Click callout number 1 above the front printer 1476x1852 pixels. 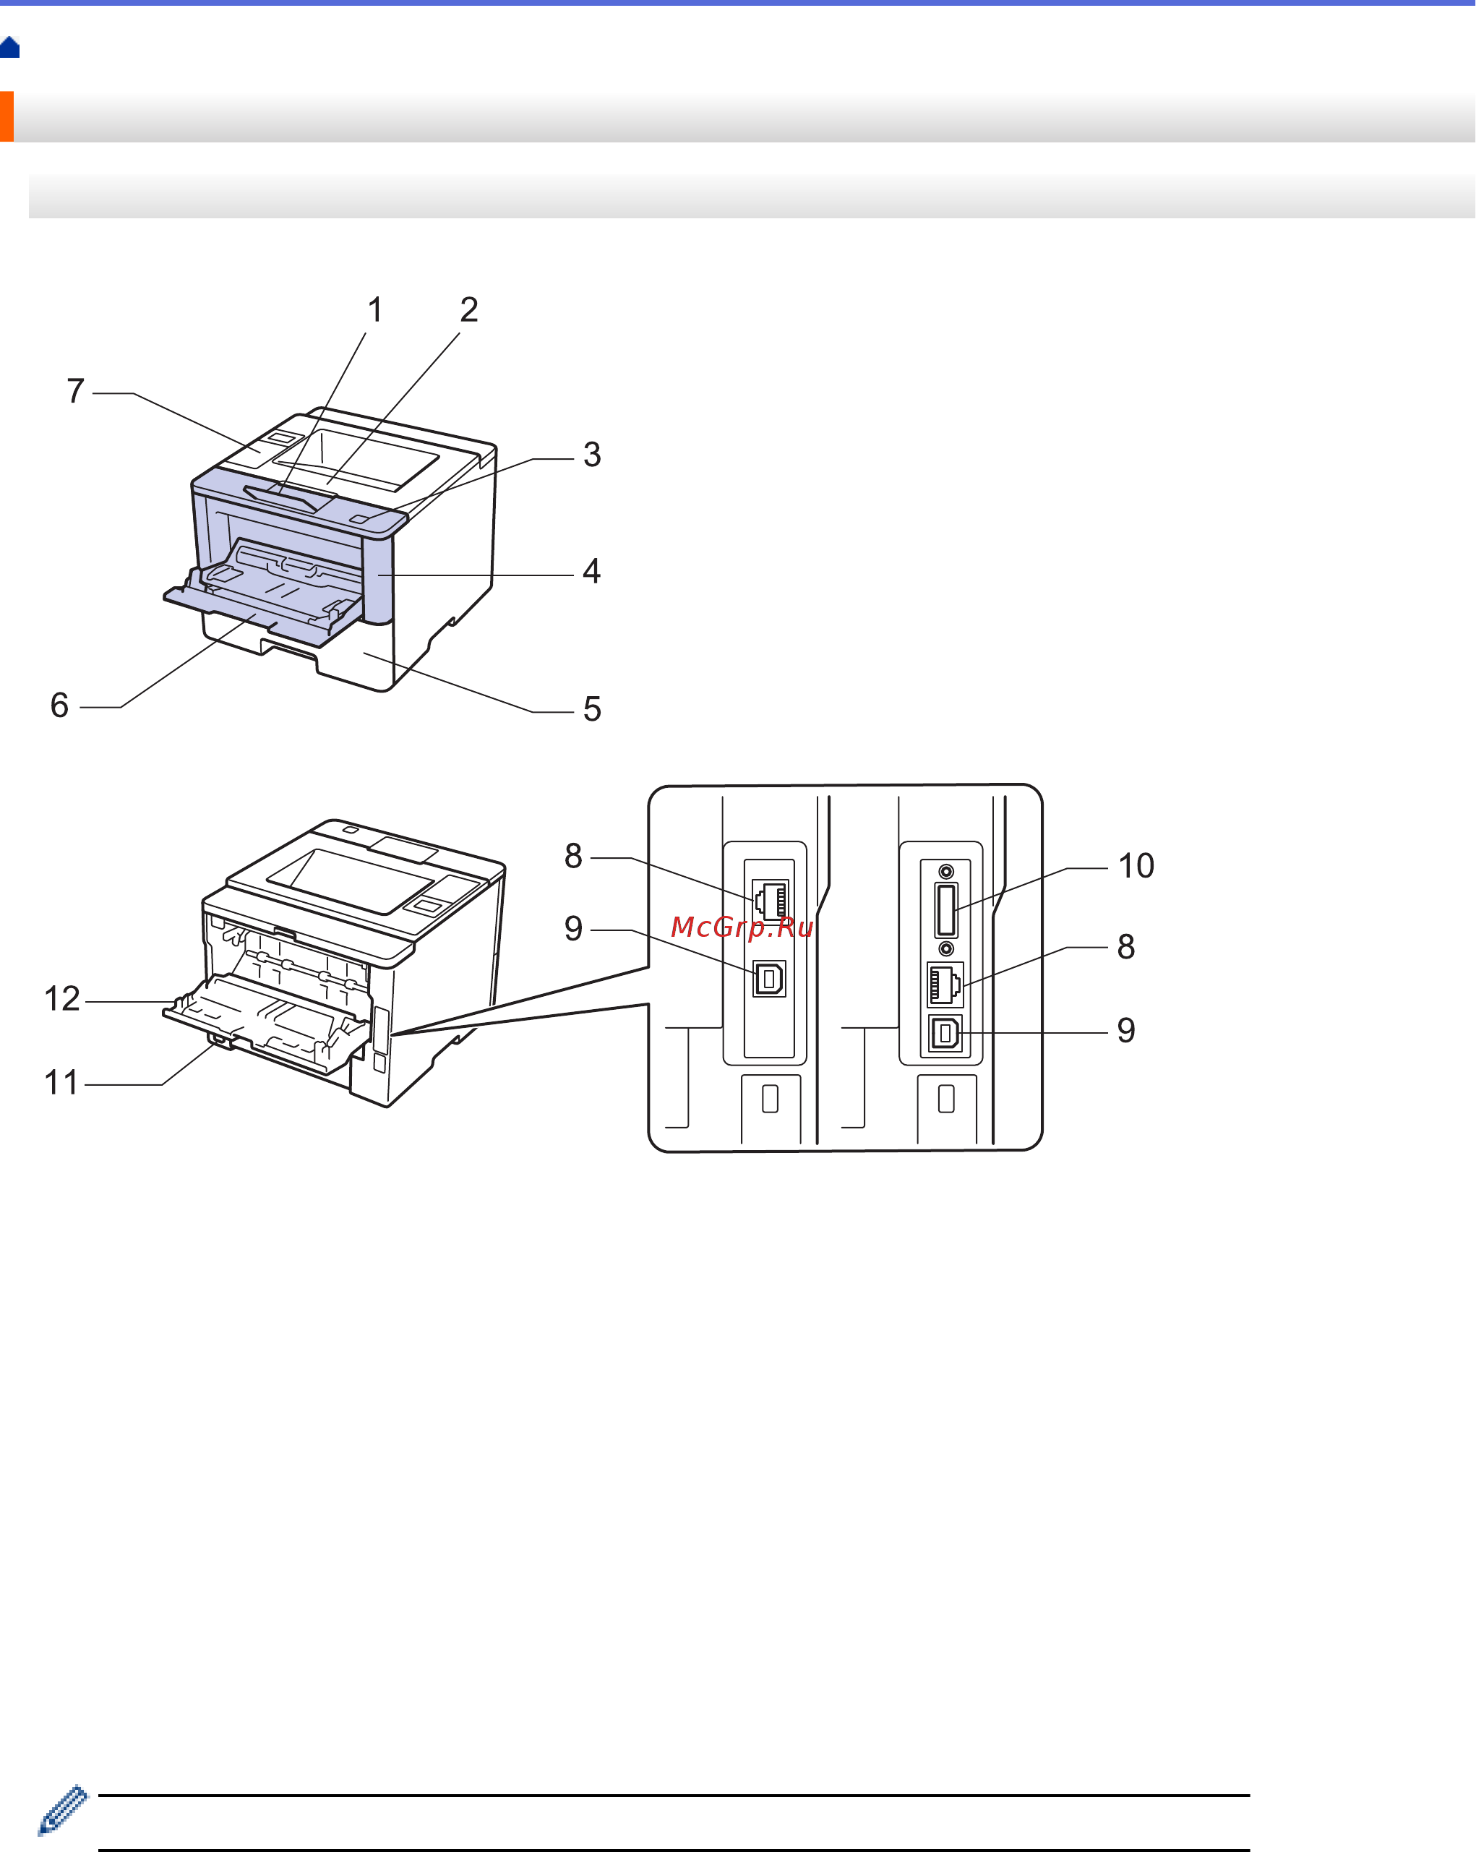tap(374, 310)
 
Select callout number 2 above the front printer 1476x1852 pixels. tap(469, 310)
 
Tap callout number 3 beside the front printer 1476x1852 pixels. tap(592, 455)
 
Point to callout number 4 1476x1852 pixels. tap(591, 571)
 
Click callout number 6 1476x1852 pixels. tap(59, 706)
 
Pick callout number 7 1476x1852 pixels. tap(76, 391)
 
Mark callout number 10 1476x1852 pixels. tap(1136, 866)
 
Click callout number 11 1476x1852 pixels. tap(61, 1082)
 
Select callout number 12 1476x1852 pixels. tap(62, 999)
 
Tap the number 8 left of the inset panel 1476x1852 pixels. tap(573, 856)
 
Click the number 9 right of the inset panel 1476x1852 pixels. tap(1126, 1030)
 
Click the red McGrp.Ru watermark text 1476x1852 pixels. tap(742, 927)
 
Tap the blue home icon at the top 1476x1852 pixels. tap(10, 47)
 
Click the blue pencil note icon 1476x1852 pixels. tap(63, 1812)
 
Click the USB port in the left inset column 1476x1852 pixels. tap(770, 978)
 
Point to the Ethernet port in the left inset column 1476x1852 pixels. tap(770, 899)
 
